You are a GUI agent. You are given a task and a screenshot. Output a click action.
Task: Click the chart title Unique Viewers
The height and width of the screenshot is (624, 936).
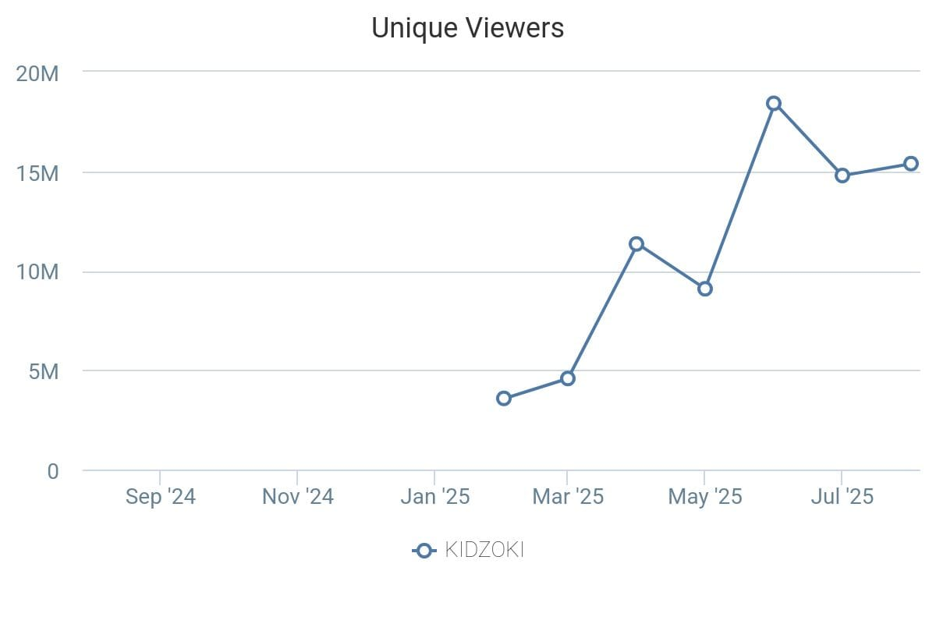coord(467,28)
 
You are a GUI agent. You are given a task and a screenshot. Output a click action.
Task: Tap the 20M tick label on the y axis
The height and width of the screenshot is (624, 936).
coord(37,73)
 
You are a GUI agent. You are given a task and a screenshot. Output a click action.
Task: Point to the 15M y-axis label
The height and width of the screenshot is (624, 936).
coord(37,173)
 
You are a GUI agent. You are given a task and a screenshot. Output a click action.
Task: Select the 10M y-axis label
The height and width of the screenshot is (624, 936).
coord(37,272)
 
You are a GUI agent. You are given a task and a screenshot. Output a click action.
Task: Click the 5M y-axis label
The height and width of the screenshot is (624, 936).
coord(44,371)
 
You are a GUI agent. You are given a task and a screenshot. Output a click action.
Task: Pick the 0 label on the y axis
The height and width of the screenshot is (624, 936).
coord(52,471)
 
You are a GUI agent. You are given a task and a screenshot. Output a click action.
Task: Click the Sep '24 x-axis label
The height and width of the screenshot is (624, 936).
coord(160,497)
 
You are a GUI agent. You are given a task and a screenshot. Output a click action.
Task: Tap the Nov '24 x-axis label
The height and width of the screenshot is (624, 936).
coord(297,497)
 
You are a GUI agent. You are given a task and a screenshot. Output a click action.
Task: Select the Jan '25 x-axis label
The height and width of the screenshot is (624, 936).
coord(434,497)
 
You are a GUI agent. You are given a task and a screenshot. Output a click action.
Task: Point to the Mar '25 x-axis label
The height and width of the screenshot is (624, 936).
coord(568,497)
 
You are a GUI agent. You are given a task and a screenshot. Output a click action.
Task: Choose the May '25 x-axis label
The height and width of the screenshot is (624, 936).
coord(704,497)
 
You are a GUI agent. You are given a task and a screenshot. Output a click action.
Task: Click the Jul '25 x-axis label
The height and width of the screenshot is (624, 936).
coord(842,497)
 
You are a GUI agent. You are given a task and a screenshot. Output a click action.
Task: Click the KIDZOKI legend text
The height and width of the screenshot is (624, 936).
coord(484,551)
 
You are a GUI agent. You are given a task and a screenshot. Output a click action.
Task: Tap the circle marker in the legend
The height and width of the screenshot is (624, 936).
coord(424,551)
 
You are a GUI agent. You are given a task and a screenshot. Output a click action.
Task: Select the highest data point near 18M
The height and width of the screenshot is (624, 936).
coord(774,104)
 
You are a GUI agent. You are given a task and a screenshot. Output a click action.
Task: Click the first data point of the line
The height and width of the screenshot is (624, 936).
coord(504,399)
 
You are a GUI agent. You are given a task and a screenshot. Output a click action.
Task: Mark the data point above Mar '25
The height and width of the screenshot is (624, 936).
coord(568,378)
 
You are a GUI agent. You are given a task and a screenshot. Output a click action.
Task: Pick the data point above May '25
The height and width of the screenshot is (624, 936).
coord(705,289)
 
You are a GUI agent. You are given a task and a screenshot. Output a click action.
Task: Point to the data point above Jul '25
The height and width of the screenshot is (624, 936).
coord(842,175)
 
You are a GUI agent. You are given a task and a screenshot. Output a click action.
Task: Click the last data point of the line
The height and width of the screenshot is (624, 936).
coord(911,164)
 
